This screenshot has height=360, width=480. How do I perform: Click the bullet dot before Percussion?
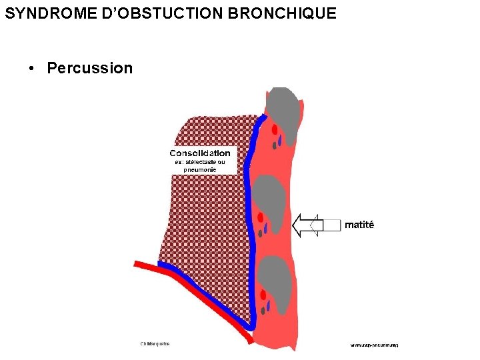(31, 69)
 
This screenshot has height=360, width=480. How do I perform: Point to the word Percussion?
(90, 68)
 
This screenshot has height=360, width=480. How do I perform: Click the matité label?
(359, 225)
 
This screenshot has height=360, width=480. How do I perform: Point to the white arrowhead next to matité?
(304, 225)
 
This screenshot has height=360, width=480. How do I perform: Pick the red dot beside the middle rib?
(261, 217)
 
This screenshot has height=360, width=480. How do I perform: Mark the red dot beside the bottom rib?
(264, 295)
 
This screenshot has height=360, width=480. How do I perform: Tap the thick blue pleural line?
(248, 200)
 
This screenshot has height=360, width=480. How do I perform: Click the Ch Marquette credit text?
(155, 344)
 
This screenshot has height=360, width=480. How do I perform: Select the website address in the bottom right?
(375, 345)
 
